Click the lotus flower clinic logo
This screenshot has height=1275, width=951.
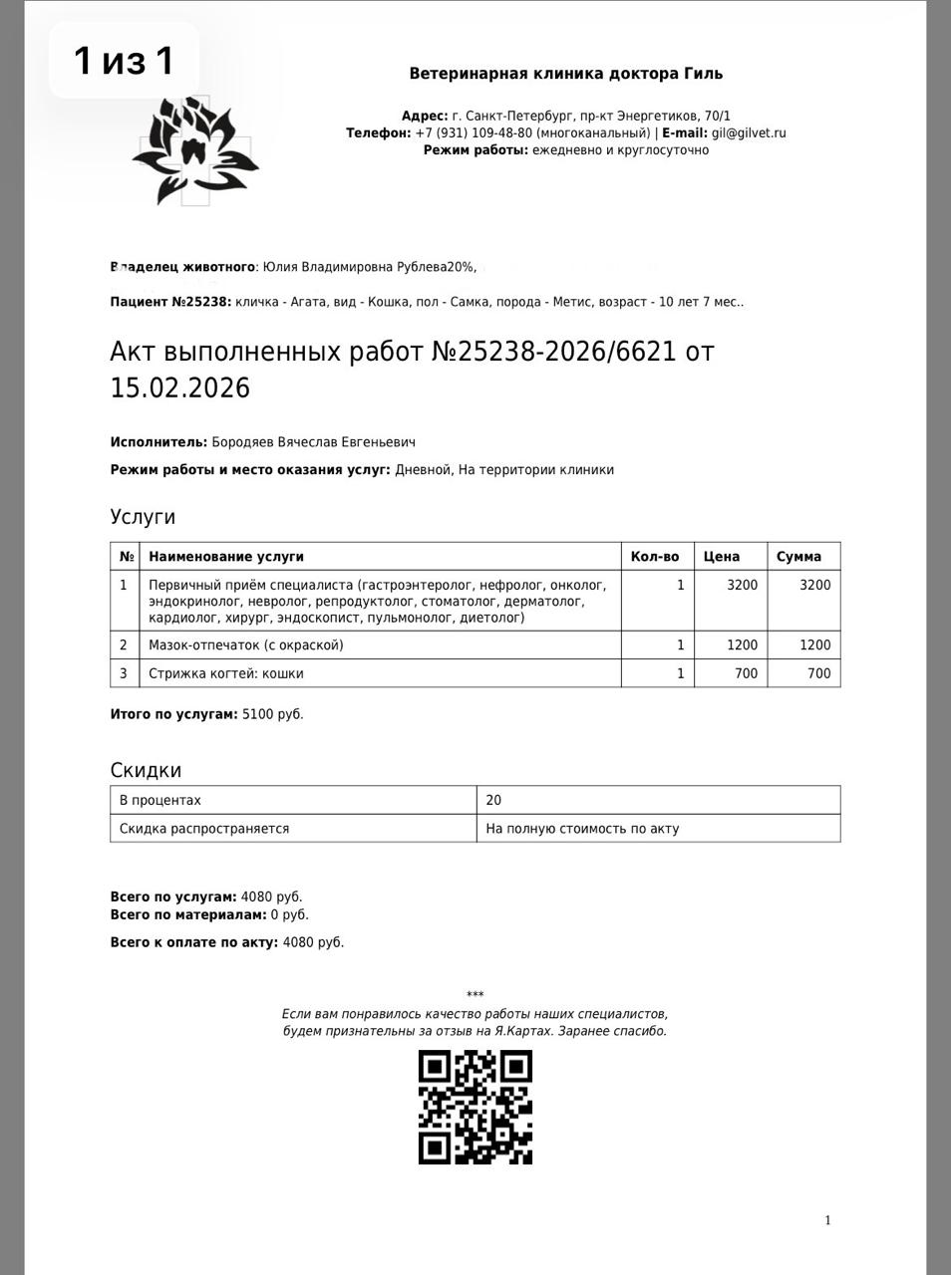tap(195, 150)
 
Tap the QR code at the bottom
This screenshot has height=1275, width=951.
tap(475, 1107)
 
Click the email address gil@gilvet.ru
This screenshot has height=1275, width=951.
tap(749, 132)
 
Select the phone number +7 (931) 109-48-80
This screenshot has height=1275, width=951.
tap(473, 132)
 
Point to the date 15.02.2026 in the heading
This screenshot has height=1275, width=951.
tap(180, 387)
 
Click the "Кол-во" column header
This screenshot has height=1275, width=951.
tap(655, 557)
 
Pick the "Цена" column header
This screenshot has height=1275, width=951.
tap(722, 557)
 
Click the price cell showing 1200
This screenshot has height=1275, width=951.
tap(742, 645)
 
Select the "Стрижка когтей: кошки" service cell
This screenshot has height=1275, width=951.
tap(226, 673)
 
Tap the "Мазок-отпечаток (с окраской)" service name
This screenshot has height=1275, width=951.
tap(246, 645)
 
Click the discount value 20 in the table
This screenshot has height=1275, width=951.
tap(494, 800)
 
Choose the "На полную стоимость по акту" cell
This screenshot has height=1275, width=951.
tap(582, 828)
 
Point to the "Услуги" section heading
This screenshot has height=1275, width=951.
tap(143, 517)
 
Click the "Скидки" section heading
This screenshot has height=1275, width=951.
tap(146, 770)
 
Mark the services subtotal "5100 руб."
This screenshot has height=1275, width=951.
tap(272, 714)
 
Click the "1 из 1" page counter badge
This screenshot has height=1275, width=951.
tap(124, 61)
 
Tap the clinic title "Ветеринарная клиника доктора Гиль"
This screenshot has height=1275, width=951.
tap(566, 74)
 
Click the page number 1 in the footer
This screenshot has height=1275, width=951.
tap(827, 1220)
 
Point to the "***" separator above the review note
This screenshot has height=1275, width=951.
tap(475, 995)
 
